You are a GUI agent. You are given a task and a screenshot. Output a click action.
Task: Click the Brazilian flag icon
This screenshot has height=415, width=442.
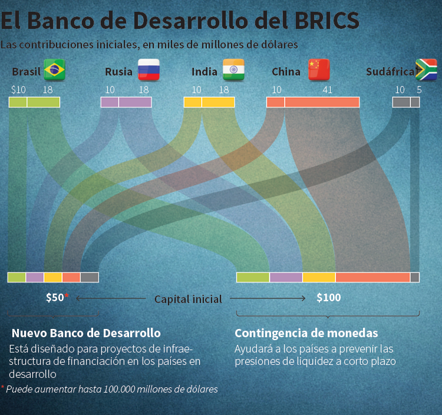tap(55, 70)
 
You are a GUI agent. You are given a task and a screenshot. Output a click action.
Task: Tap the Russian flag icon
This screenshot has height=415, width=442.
tap(149, 70)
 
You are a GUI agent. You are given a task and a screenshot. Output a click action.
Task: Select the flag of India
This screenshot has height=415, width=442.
tap(233, 70)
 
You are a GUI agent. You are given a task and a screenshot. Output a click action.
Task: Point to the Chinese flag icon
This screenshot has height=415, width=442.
tap(319, 70)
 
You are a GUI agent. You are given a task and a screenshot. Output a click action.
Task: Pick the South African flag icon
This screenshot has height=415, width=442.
tap(426, 70)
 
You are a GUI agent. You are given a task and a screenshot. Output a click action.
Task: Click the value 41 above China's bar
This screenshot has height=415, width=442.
tap(328, 90)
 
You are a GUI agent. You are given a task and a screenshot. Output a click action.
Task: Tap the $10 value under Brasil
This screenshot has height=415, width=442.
tap(18, 90)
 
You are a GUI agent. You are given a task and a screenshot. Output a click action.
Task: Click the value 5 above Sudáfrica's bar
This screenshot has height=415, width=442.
tap(419, 90)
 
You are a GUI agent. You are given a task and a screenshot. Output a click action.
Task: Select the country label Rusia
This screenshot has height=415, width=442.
tap(118, 72)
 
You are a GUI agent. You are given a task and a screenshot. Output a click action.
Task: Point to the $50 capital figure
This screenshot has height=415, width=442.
tap(55, 298)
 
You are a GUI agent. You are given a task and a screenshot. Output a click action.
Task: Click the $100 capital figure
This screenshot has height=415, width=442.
tap(328, 298)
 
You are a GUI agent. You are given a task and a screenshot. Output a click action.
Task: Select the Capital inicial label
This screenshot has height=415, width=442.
tap(188, 299)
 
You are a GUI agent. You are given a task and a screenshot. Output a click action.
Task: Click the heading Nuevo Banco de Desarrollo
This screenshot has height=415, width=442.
tap(86, 332)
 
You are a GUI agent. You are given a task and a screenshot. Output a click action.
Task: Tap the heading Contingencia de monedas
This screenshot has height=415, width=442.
tap(306, 332)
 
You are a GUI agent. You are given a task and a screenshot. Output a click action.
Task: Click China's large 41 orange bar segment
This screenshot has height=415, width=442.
tap(322, 102)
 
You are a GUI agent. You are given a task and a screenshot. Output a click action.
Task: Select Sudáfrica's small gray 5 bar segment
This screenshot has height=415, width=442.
tap(415, 102)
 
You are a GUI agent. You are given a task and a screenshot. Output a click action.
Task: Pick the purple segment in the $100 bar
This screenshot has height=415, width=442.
tap(286, 277)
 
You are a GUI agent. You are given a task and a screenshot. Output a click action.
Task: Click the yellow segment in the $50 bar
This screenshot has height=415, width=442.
tap(53, 277)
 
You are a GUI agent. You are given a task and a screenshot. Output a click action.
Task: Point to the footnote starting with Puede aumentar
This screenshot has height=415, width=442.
tap(111, 389)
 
